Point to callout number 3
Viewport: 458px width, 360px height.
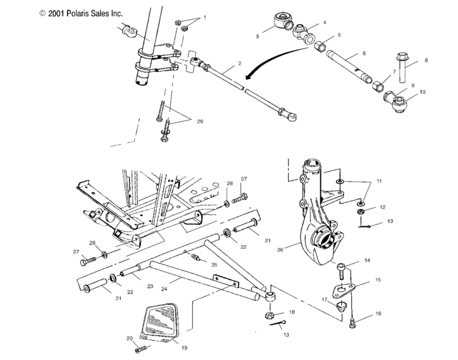coord(257,37)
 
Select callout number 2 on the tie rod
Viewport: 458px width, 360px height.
coord(239,64)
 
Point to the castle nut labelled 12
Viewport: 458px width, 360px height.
coord(362,209)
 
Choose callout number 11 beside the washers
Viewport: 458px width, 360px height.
coord(379,182)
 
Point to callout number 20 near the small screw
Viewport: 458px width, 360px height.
coord(129,338)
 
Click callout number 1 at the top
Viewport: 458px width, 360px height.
coord(205,17)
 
